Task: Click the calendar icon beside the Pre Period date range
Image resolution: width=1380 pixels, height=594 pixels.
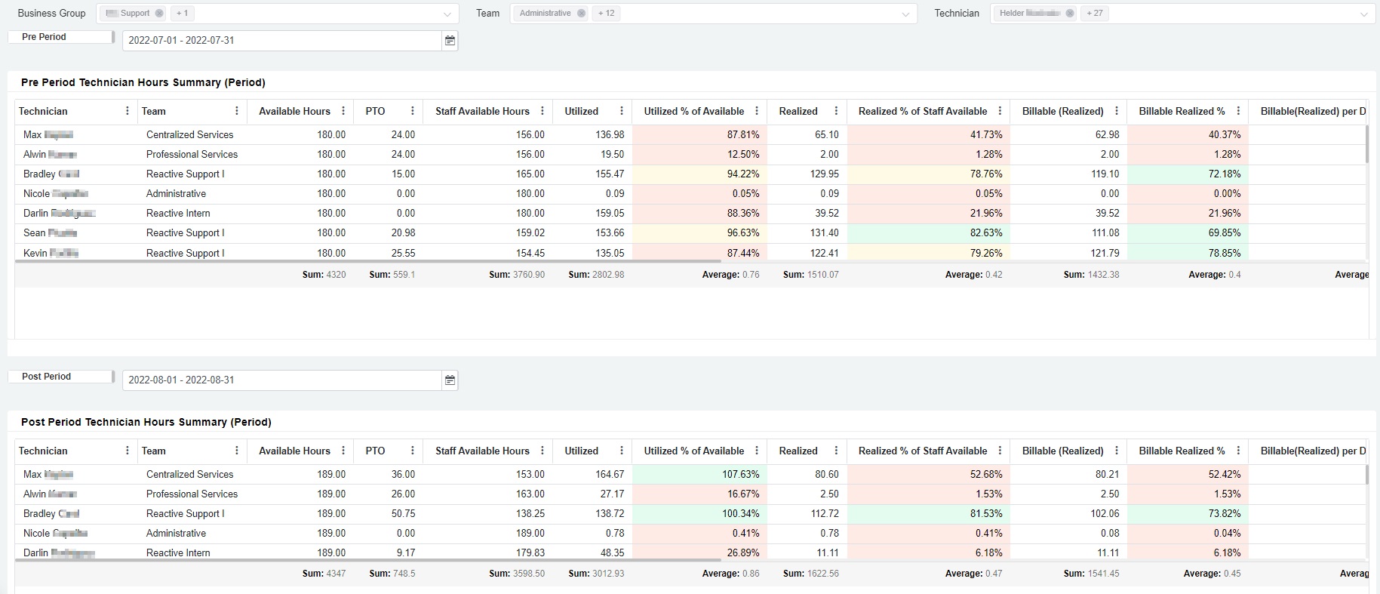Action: coord(450,41)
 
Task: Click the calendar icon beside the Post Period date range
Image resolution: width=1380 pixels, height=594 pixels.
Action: coord(450,380)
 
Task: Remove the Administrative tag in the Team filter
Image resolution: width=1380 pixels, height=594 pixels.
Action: coord(581,14)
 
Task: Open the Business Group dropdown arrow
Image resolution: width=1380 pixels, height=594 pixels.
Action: coord(447,14)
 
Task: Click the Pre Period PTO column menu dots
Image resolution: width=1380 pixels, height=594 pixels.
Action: coord(412,112)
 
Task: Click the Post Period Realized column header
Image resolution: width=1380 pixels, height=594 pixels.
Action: coord(798,451)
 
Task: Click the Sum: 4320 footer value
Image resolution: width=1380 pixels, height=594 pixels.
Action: coord(324,275)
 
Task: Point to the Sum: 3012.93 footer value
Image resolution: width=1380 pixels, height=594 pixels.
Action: coord(596,574)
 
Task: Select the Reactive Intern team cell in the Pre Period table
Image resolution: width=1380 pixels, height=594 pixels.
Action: coord(178,214)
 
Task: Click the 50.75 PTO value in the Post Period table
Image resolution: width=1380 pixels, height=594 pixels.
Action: coord(403,514)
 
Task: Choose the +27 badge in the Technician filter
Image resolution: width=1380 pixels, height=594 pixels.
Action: coord(1094,14)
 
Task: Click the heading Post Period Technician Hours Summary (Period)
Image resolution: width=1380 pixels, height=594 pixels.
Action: coord(146,423)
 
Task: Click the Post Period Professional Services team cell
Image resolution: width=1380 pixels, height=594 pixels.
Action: coord(192,494)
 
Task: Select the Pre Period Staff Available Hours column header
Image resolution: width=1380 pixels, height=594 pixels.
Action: coord(482,112)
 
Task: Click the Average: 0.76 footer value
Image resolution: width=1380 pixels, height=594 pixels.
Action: coord(730,275)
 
